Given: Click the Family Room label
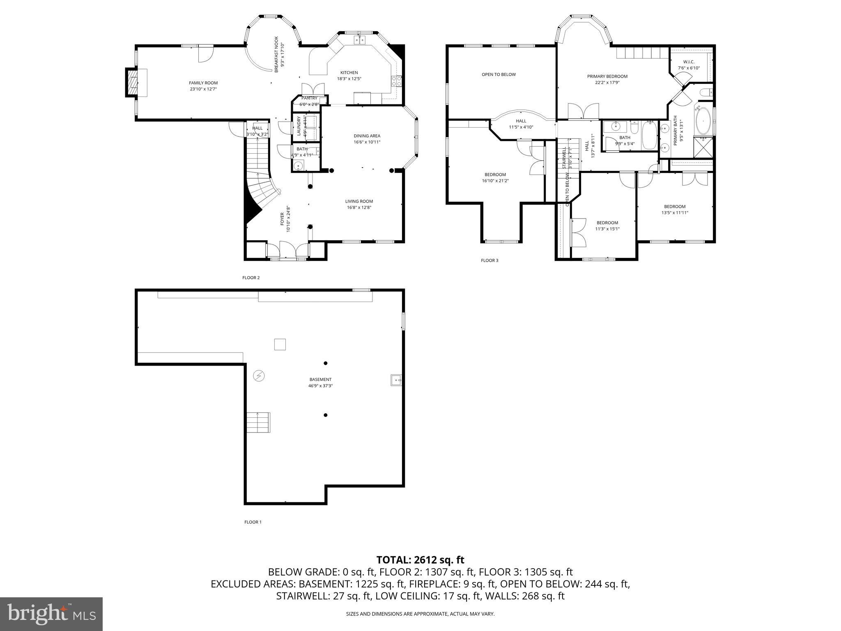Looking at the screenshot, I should pos(203,83).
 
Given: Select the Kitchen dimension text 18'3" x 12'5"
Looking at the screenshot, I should pos(349,79).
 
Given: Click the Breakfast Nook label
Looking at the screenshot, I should pos(277,54).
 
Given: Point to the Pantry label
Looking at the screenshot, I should pos(309,98).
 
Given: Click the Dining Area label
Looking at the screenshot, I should pos(367,136).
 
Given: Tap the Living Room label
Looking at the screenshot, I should pos(359,201).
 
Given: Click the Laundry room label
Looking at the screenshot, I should pos(299,126).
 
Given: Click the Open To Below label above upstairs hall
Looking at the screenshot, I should pos(499,74).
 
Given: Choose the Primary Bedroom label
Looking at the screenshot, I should pos(607,76).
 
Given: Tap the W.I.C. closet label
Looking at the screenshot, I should pos(689,62).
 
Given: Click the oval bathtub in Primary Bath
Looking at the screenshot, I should pos(703,122).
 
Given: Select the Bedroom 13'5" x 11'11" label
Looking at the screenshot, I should pos(675,207).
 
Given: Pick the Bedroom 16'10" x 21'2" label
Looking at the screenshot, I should pos(495,175).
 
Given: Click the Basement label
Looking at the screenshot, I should pos(320,380).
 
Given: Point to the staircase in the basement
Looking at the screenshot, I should pos(258,422).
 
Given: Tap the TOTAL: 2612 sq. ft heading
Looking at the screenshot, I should pos(420,560).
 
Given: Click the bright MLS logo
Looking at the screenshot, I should pos(51,615).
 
